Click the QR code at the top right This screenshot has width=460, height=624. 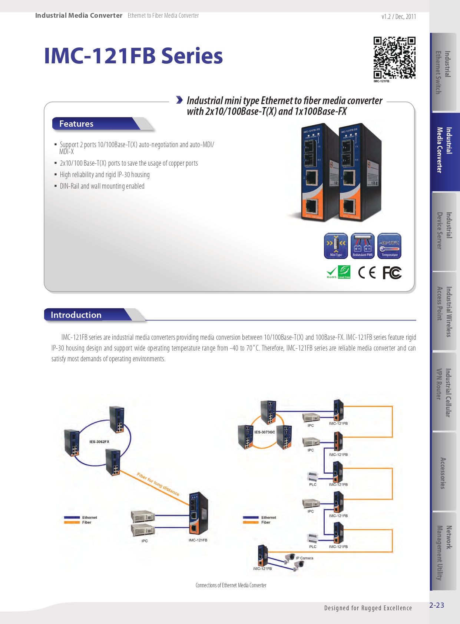pyautogui.click(x=394, y=57)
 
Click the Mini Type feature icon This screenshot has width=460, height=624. pyautogui.click(x=336, y=245)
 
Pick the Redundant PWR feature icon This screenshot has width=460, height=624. pyautogui.click(x=363, y=245)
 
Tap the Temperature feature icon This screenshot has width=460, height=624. pyautogui.click(x=389, y=245)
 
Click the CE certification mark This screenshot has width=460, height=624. pyautogui.click(x=367, y=273)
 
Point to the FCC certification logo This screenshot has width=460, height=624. pyautogui.click(x=392, y=273)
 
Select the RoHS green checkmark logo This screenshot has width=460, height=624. pyautogui.click(x=332, y=272)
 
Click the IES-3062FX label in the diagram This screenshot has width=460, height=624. pyautogui.click(x=99, y=442)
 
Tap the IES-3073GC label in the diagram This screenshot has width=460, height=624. pyautogui.click(x=265, y=432)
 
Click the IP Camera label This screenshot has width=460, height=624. pyautogui.click(x=304, y=558)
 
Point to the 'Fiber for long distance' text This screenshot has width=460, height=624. pyautogui.click(x=158, y=484)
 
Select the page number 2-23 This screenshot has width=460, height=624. pyautogui.click(x=437, y=605)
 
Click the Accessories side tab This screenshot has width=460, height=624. pyautogui.click(x=443, y=473)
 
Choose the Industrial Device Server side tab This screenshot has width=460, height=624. pyautogui.click(x=444, y=230)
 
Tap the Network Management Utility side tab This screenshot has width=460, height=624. pyautogui.click(x=444, y=552)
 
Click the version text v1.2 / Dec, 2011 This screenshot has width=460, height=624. pyautogui.click(x=398, y=17)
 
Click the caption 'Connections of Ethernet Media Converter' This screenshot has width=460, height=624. pyautogui.click(x=231, y=585)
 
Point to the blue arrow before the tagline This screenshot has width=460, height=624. pyautogui.click(x=179, y=100)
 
